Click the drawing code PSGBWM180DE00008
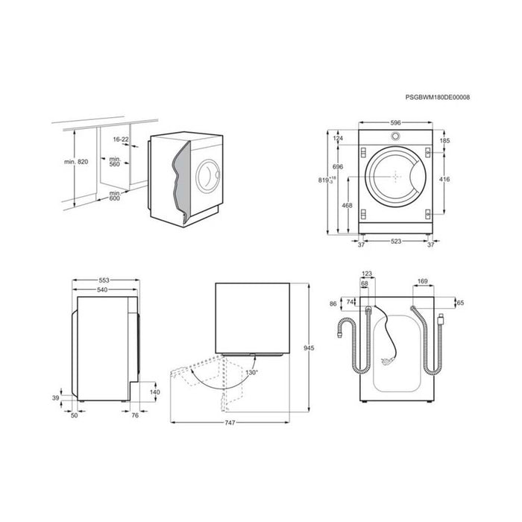(438, 97)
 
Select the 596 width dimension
(395, 123)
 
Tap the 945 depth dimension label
(309, 348)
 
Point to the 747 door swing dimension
(230, 423)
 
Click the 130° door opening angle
(252, 373)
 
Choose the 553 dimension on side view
(104, 280)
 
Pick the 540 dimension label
(102, 289)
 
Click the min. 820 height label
(76, 162)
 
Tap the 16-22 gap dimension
(121, 139)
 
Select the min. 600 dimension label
(115, 195)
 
